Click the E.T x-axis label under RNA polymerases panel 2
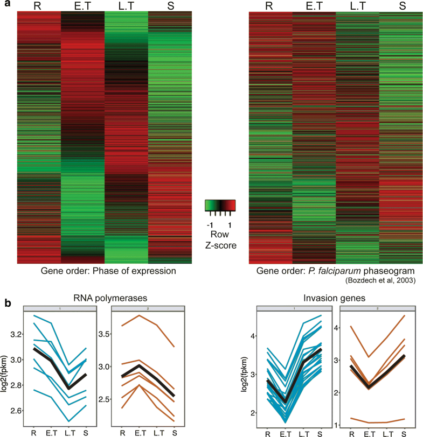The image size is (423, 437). [142, 432]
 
